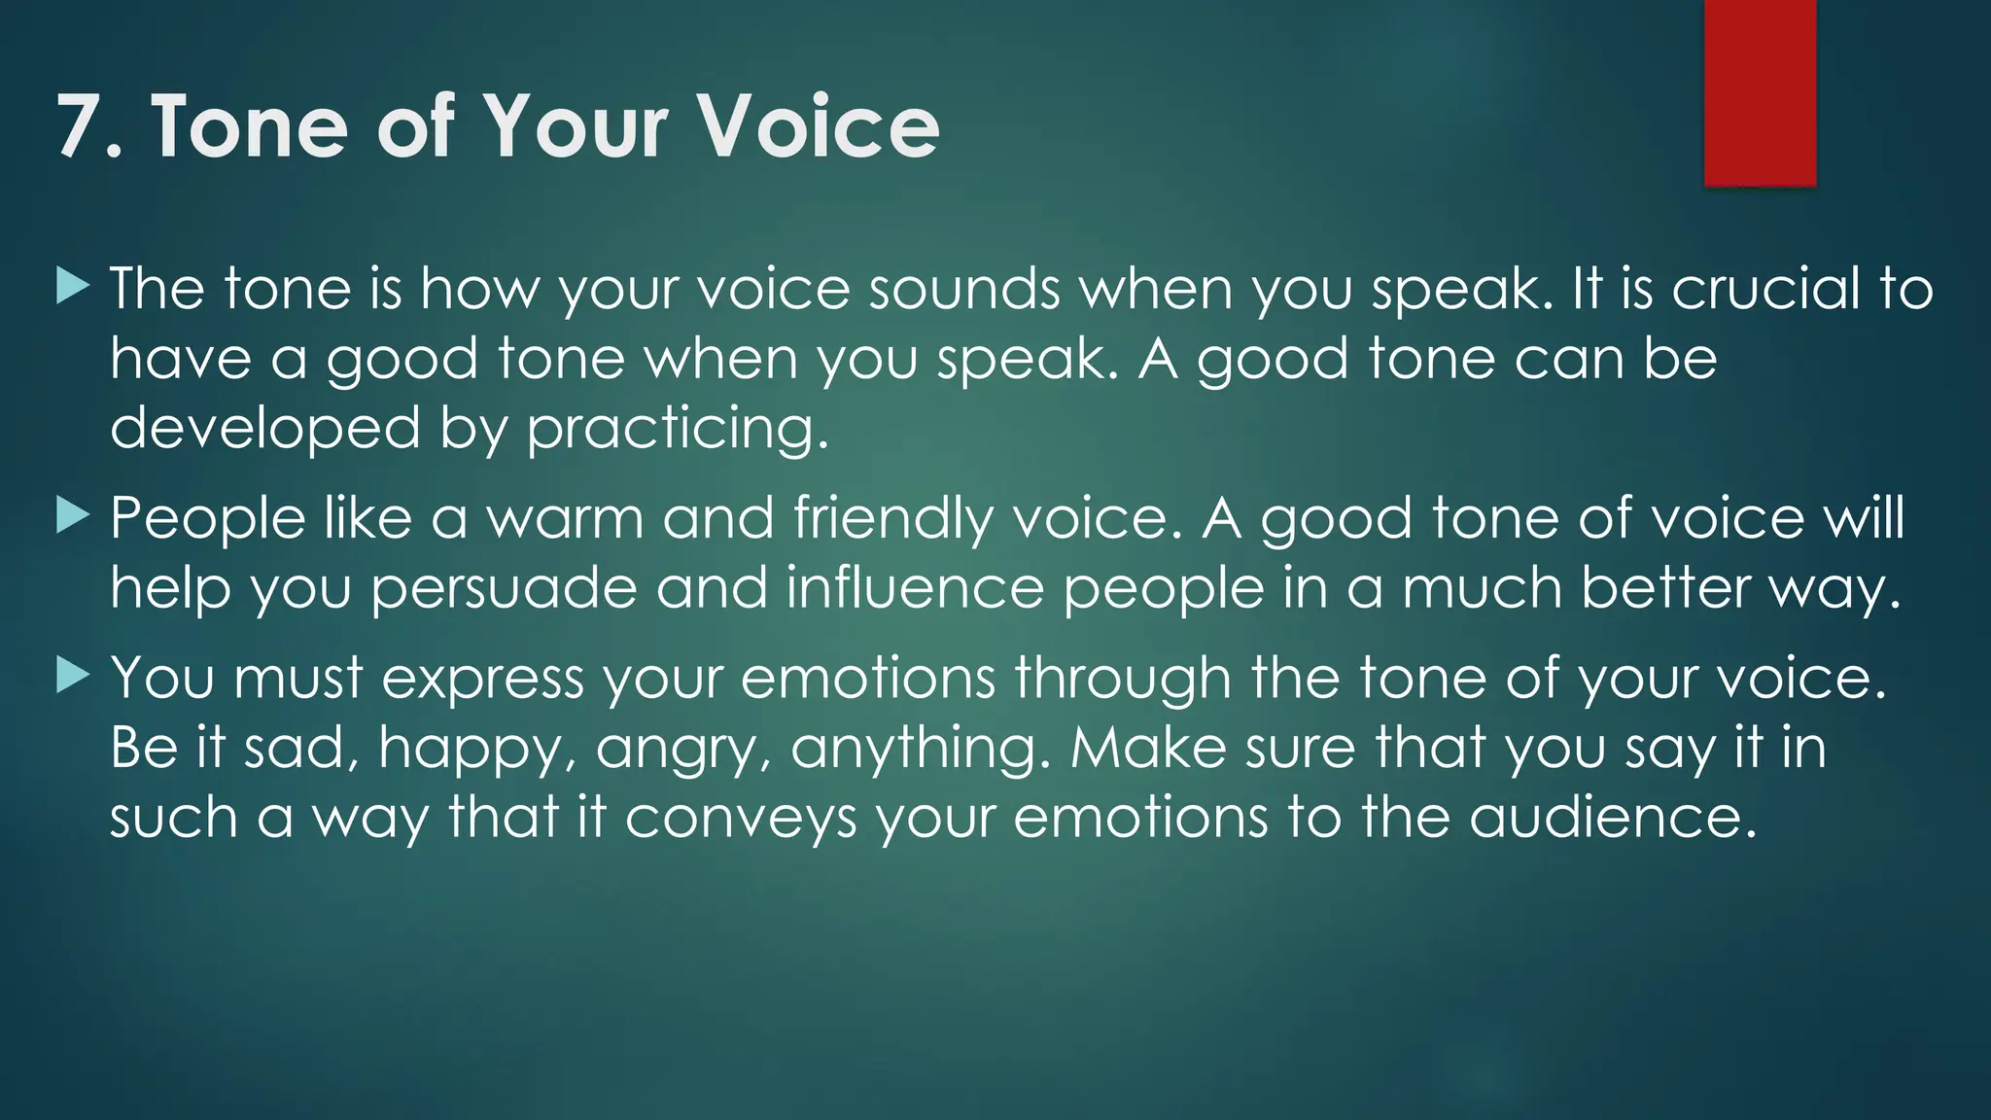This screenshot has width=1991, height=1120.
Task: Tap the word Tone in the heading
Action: (249, 126)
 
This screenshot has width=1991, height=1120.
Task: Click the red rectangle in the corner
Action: (1760, 92)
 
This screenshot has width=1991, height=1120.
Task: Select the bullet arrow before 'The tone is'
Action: (73, 287)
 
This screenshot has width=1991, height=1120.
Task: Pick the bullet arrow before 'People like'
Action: (73, 516)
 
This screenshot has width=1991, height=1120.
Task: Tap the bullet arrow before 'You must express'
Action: (73, 675)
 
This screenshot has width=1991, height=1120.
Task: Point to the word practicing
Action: (677, 429)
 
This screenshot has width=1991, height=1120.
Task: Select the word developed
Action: (264, 429)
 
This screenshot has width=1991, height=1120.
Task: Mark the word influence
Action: (915, 587)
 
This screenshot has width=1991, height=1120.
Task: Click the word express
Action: (482, 679)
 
